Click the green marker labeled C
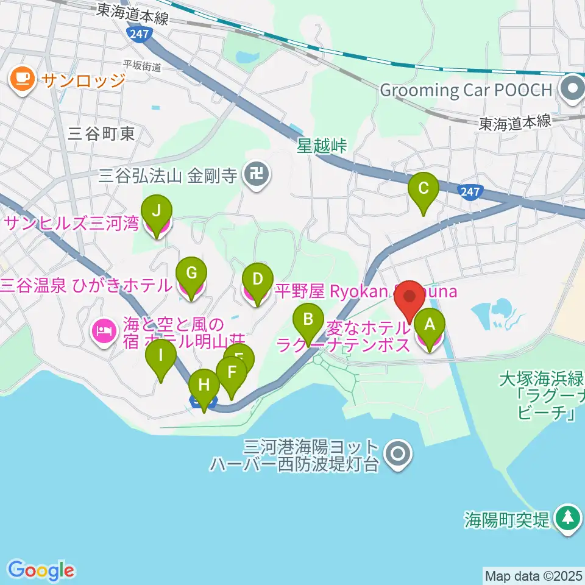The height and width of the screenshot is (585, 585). pos(426,190)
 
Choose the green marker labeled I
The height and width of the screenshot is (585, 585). pos(161,355)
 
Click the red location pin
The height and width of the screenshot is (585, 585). pos(409,297)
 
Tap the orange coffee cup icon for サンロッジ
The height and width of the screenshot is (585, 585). pos(23,79)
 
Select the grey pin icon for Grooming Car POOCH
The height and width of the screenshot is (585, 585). pos(573,90)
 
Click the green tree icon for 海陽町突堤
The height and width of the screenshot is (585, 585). pos(568,519)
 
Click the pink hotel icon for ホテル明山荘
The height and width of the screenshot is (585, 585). pos(102,331)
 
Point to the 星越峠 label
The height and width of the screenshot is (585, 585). pos(322,146)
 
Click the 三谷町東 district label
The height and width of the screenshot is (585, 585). pos(102,134)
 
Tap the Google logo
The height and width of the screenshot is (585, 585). pos(41,570)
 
